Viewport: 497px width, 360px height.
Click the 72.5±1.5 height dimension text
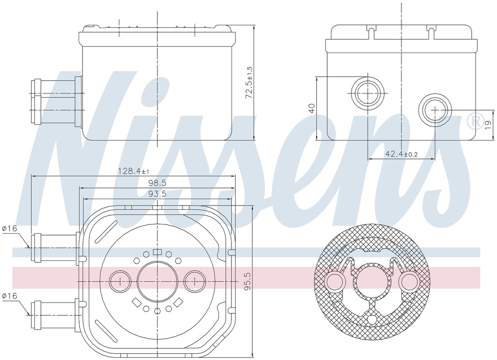(x=249, y=83)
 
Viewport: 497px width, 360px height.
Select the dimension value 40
(x=311, y=108)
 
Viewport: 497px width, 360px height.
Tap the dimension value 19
(x=487, y=124)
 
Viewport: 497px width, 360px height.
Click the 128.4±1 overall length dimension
(x=134, y=171)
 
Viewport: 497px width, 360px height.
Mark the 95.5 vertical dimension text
(x=248, y=281)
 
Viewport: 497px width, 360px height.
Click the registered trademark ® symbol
(x=473, y=120)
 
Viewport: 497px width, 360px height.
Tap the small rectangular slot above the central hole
(x=157, y=252)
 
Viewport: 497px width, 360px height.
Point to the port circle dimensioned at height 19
(x=435, y=110)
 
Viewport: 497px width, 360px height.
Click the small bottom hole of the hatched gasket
(x=372, y=319)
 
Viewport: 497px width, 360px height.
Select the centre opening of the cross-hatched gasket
(x=372, y=282)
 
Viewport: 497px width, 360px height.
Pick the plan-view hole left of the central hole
(x=119, y=281)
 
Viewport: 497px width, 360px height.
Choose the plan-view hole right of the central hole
(x=195, y=281)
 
